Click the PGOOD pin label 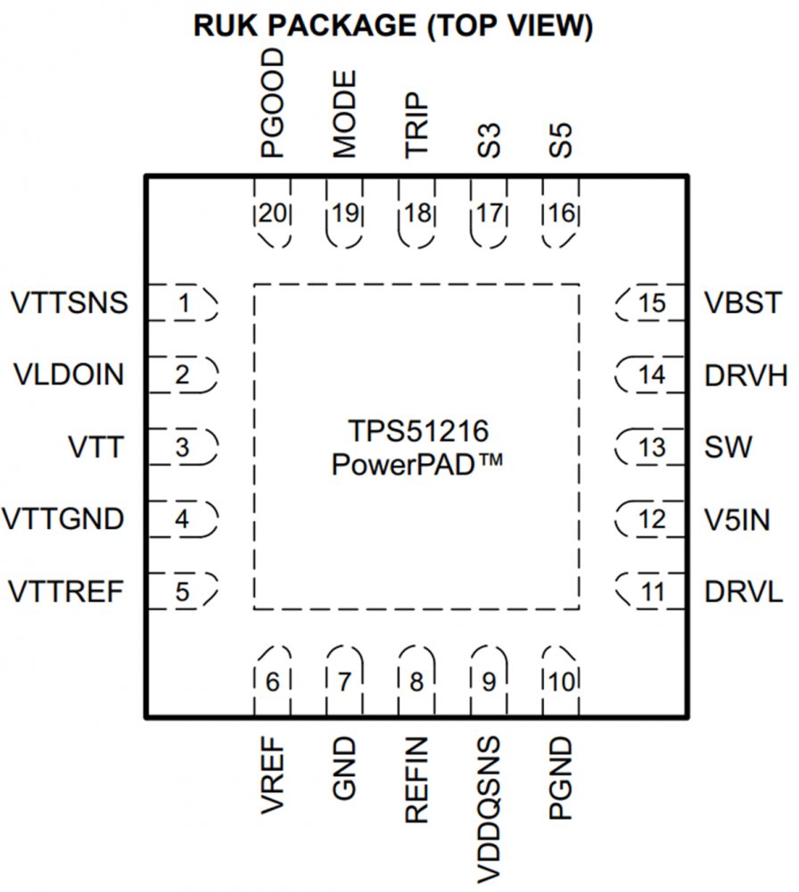click(273, 103)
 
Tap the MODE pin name click(345, 114)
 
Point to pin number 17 click(489, 214)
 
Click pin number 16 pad click(562, 214)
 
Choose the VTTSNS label click(70, 303)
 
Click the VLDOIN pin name click(70, 376)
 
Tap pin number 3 click(183, 447)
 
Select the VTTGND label click(63, 518)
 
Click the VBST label click(742, 303)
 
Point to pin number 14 click(652, 376)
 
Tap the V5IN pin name click(737, 518)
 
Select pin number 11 click(652, 591)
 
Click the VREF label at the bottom click(273, 777)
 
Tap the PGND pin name click(562, 779)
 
